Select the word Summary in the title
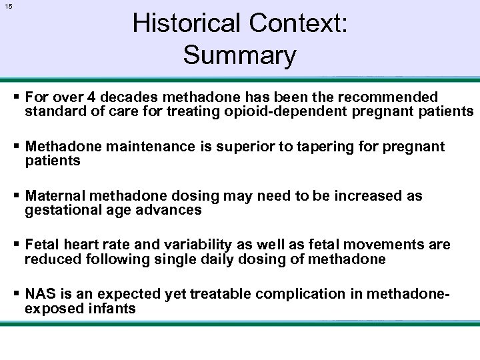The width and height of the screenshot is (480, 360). click(239, 55)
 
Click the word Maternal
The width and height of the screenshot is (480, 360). click(55, 196)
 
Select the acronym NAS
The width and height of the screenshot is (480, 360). click(39, 294)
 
